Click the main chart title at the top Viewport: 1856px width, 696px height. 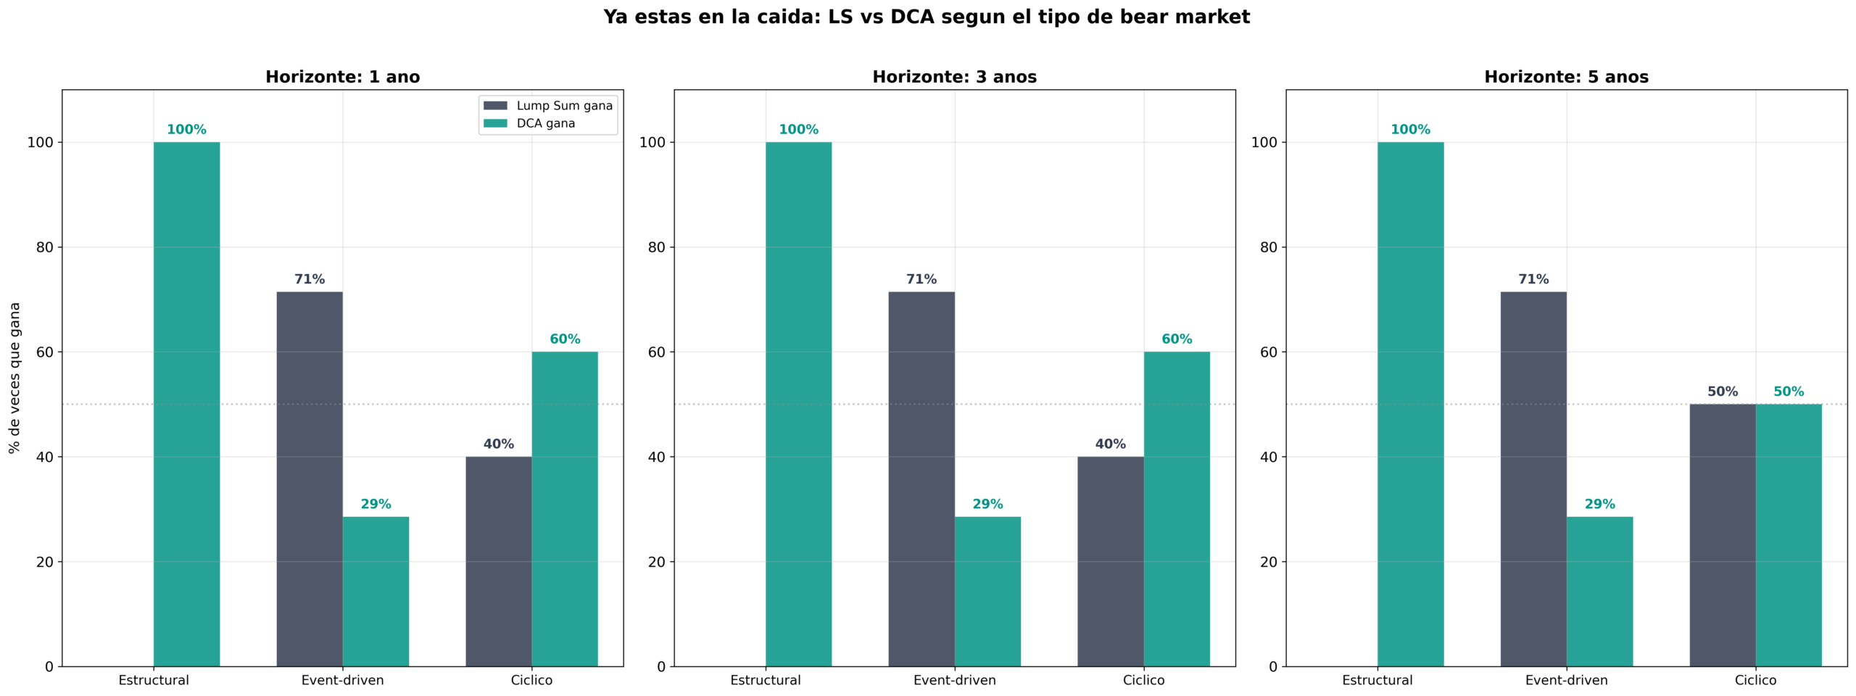[x=927, y=17]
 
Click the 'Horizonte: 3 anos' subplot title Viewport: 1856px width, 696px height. [x=954, y=77]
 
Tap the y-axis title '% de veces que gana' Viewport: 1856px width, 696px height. [x=14, y=378]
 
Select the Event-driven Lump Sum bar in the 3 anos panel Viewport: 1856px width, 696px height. [x=921, y=478]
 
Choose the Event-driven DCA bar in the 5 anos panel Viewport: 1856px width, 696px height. [x=1599, y=591]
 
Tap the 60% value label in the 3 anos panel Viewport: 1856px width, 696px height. [x=1176, y=339]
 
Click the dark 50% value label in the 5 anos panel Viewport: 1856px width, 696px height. [x=1722, y=391]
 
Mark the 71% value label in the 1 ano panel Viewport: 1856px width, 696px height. [x=310, y=279]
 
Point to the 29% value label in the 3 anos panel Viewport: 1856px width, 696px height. [x=987, y=504]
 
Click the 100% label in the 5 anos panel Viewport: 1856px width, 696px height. [x=1410, y=130]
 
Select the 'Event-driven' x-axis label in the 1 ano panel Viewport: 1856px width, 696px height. [x=342, y=680]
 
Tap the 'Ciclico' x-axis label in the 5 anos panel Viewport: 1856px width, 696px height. [x=1755, y=680]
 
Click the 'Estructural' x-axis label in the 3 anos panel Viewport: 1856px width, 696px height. [x=765, y=680]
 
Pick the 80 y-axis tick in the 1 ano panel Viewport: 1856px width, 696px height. [x=45, y=247]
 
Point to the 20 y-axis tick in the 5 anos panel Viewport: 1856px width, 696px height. [x=1268, y=562]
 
